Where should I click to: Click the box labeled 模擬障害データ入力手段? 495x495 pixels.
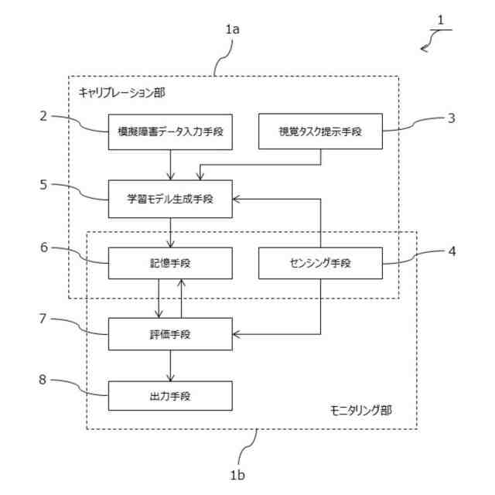(x=170, y=132)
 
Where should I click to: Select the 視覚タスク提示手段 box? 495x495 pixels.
(x=320, y=131)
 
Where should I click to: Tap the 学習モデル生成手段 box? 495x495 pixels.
(x=170, y=199)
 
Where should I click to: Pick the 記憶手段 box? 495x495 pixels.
(x=170, y=263)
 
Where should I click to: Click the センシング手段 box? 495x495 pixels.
(x=320, y=263)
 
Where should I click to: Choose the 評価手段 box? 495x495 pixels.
(x=170, y=334)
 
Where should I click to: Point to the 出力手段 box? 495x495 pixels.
(x=170, y=396)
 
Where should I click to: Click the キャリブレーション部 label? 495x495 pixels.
(x=121, y=93)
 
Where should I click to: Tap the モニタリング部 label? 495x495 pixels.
(x=360, y=411)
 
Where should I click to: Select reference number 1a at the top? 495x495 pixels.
(x=232, y=29)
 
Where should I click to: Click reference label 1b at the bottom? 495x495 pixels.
(x=237, y=475)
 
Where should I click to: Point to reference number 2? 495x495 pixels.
(x=43, y=116)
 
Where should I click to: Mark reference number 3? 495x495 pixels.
(x=452, y=118)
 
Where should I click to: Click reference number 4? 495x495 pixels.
(x=452, y=251)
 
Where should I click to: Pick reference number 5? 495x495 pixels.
(x=43, y=185)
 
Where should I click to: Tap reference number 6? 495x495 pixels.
(x=44, y=247)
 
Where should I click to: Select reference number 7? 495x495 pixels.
(x=43, y=319)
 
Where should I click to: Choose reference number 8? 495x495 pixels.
(x=43, y=380)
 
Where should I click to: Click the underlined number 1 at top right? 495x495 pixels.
(x=441, y=21)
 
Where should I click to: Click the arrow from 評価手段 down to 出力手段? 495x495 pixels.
(x=170, y=366)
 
